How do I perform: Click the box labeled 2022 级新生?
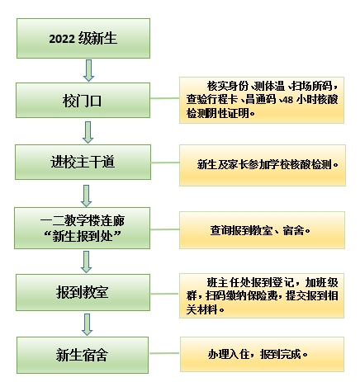(x=83, y=38)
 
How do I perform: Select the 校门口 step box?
(x=83, y=100)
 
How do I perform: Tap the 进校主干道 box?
(x=83, y=162)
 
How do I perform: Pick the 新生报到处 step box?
(x=82, y=228)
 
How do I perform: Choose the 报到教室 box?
(x=83, y=292)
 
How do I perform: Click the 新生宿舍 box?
(x=83, y=355)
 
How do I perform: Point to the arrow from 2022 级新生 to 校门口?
(x=88, y=71)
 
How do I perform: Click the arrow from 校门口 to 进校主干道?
(x=88, y=132)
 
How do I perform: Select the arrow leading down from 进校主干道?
(x=87, y=196)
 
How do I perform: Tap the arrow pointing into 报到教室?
(x=87, y=262)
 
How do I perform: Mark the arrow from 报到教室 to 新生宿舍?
(x=88, y=324)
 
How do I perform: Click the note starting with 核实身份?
(x=262, y=100)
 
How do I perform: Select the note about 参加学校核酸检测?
(x=263, y=165)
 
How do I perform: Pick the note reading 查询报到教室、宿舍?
(x=262, y=230)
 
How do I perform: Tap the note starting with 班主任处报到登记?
(x=262, y=295)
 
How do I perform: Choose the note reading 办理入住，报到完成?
(x=263, y=354)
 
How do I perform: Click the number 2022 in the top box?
(x=62, y=39)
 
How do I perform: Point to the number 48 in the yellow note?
(x=288, y=100)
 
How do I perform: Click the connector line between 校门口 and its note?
(x=164, y=98)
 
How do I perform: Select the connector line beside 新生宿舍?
(x=164, y=353)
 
